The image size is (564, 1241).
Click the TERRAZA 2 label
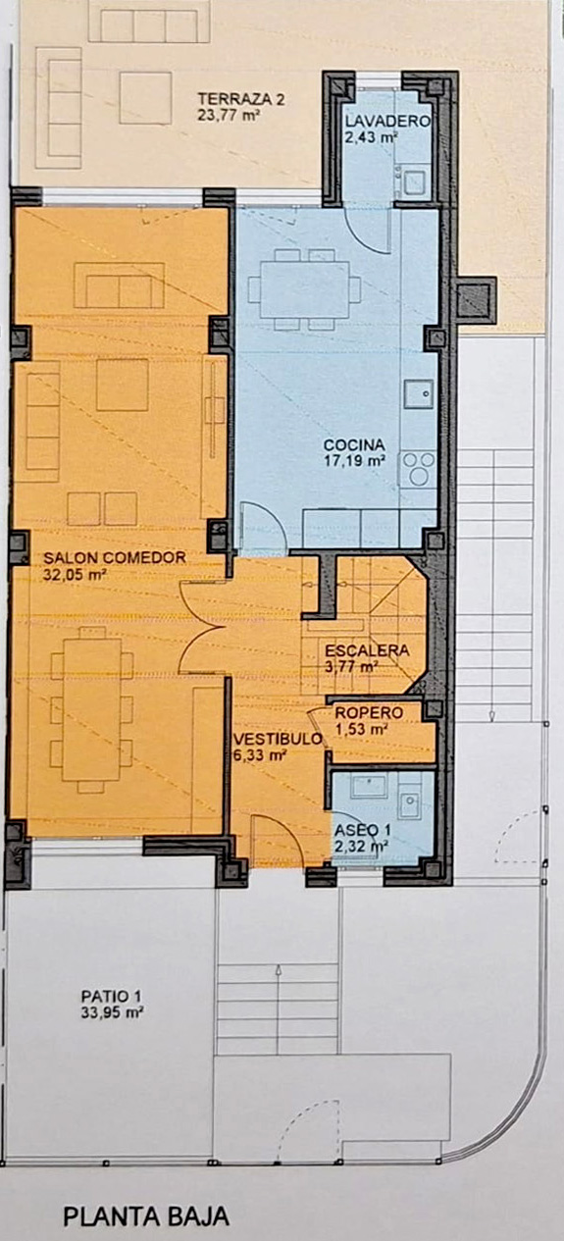241,100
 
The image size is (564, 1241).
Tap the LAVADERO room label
387,122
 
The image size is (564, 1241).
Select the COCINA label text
354,444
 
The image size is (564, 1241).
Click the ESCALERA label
367,650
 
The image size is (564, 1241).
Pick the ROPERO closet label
369,713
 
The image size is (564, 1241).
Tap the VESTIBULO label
279,739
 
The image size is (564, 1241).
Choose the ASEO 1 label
363,830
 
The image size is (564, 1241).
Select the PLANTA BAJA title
146,1217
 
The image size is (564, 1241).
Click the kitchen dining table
304,289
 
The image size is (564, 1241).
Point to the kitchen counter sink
419,394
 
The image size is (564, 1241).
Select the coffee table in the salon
123,385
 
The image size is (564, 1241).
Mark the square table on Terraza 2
145,98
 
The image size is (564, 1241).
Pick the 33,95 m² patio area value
113,1012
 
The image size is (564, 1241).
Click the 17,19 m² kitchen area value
354,460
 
